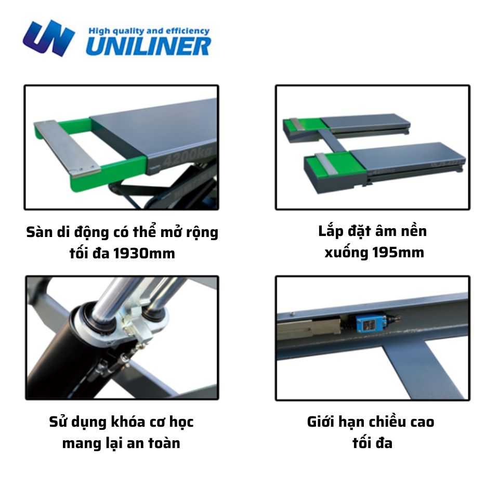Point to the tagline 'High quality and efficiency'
(x=149, y=31)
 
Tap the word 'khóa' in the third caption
(x=127, y=422)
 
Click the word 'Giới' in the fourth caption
(x=323, y=422)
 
